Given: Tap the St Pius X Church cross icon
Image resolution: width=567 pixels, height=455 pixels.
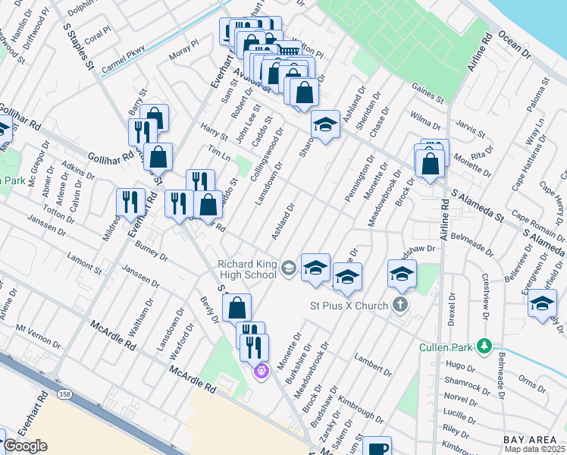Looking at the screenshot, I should (401, 306).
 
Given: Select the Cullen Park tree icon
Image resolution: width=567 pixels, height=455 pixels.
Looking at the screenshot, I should (483, 347).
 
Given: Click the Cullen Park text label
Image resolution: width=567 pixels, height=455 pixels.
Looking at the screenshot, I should (446, 348).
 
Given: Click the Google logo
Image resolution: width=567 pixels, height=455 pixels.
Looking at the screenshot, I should (25, 446).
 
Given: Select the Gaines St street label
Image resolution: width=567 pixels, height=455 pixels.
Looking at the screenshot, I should (428, 96).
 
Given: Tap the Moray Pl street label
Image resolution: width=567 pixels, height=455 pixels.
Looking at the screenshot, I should (183, 53).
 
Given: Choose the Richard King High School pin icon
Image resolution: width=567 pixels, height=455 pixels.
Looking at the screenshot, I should (288, 267).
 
